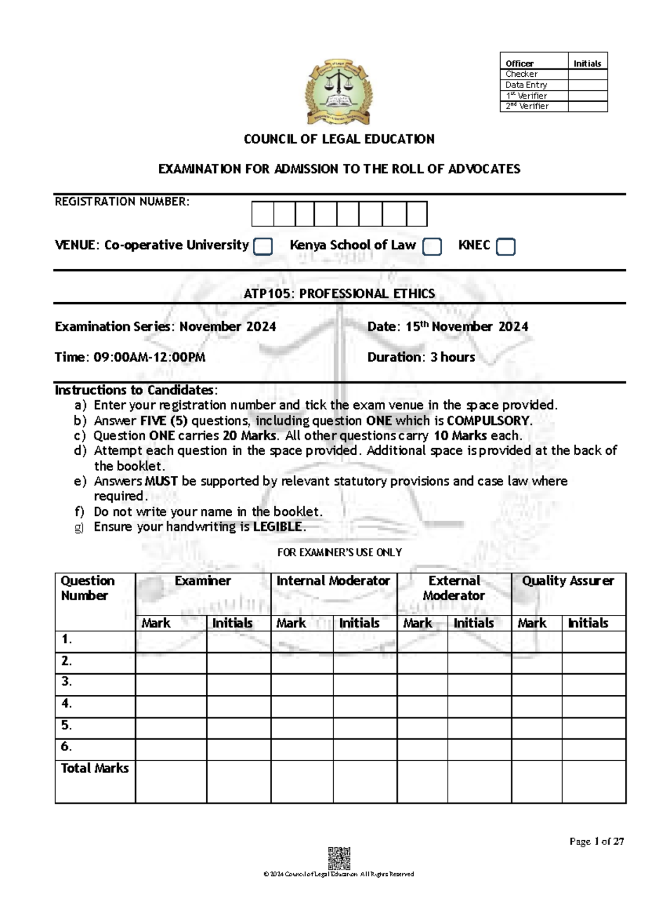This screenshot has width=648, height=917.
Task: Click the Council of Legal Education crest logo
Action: click(339, 92)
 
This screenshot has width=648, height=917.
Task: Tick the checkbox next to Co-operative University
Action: click(263, 246)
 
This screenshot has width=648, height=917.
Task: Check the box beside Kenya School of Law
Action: click(432, 247)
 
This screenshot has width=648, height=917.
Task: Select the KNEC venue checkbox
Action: click(505, 247)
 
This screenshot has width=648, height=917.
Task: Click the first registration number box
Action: click(262, 214)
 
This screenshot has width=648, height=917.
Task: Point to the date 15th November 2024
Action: click(467, 327)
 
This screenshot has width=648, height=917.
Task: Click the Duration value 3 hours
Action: click(453, 357)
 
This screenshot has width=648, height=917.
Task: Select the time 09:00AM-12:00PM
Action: click(149, 357)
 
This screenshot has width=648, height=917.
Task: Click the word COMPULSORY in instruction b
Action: click(489, 421)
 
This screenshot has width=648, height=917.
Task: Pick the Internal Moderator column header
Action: click(333, 581)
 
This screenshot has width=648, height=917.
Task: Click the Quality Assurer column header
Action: click(568, 581)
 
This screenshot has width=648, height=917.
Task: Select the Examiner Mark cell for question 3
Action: click(171, 684)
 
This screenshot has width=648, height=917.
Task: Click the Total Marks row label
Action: click(95, 768)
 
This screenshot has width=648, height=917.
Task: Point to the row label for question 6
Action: click(66, 747)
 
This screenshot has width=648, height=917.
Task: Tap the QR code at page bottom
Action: click(339, 858)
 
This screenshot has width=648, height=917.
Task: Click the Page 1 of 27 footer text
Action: click(596, 841)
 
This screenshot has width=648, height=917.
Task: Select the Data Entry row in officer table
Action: click(526, 85)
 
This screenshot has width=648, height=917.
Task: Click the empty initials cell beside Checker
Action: click(588, 74)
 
